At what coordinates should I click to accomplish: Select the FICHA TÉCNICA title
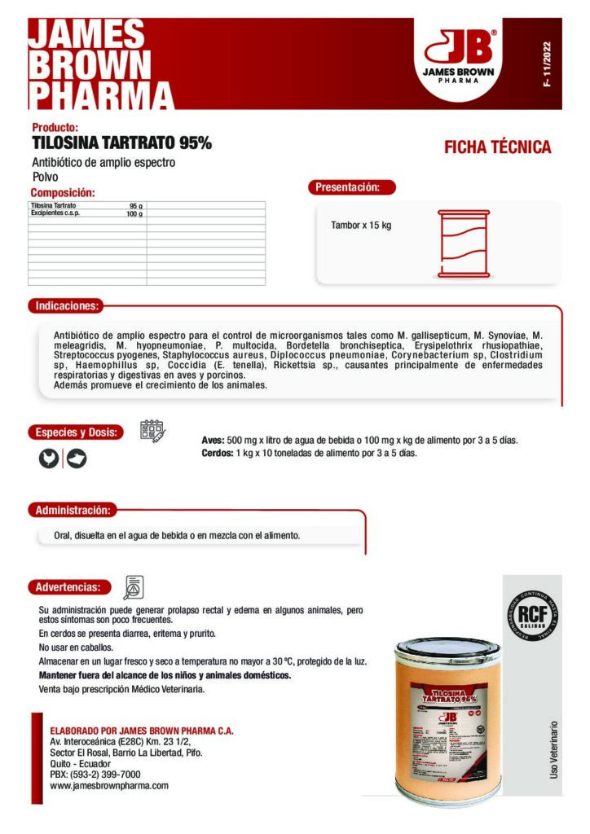tap(497, 147)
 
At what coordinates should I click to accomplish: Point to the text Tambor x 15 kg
tap(361, 225)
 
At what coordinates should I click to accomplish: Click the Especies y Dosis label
tap(76, 432)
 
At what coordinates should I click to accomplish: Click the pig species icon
tap(77, 459)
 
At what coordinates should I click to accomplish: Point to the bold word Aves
tap(213, 441)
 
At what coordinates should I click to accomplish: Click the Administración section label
tap(72, 510)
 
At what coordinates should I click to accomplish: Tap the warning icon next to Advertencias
tap(133, 586)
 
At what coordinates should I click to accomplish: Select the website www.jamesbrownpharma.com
tap(109, 786)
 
